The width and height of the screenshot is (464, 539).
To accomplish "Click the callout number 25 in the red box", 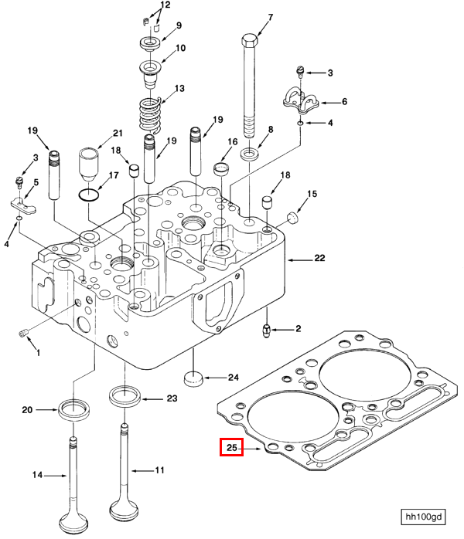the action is (232, 447).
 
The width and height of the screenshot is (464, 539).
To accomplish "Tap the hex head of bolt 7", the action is (251, 41).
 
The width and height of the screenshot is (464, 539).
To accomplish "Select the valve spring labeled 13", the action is (150, 116).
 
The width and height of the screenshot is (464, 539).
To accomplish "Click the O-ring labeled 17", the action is (89, 195).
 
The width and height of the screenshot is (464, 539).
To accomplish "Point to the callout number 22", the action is (319, 258).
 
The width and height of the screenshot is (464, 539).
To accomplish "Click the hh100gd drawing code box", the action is (423, 517).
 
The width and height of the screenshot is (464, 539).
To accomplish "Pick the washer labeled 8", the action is (251, 154).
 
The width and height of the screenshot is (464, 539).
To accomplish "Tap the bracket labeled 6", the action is (301, 100).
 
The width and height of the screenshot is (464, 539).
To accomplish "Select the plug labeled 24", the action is (193, 379).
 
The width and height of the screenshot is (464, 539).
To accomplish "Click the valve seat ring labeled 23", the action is (125, 396).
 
